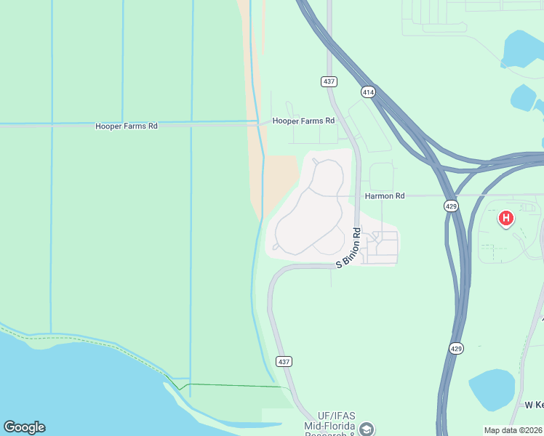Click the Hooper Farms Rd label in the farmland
(x=127, y=126)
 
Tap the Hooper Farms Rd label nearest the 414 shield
(x=303, y=121)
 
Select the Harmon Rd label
(x=385, y=196)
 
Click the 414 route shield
(x=368, y=92)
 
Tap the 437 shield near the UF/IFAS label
(x=284, y=361)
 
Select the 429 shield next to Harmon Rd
(x=451, y=206)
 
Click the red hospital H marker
(x=505, y=217)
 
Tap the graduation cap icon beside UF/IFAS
(x=368, y=429)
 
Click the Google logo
(x=24, y=427)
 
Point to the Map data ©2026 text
(x=512, y=430)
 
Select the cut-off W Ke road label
(x=534, y=404)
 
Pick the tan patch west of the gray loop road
(x=281, y=177)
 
